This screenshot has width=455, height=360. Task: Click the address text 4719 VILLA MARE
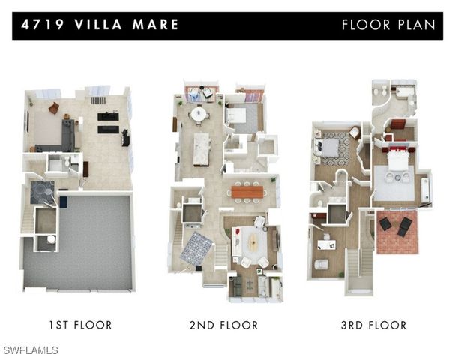pos(100,25)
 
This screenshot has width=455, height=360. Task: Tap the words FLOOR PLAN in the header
pos(388,25)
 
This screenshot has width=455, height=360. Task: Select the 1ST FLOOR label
pos(80,325)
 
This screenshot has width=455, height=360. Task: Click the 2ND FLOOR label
pos(224,325)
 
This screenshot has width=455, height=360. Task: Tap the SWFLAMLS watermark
pos(30,350)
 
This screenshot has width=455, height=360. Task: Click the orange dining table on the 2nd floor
pos(247,193)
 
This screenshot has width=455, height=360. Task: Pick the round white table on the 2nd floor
pos(199,114)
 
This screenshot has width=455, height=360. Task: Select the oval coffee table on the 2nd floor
pos(252,243)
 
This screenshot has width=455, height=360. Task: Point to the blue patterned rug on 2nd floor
pos(196,246)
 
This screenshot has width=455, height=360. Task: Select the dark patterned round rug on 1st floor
pos(43,193)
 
